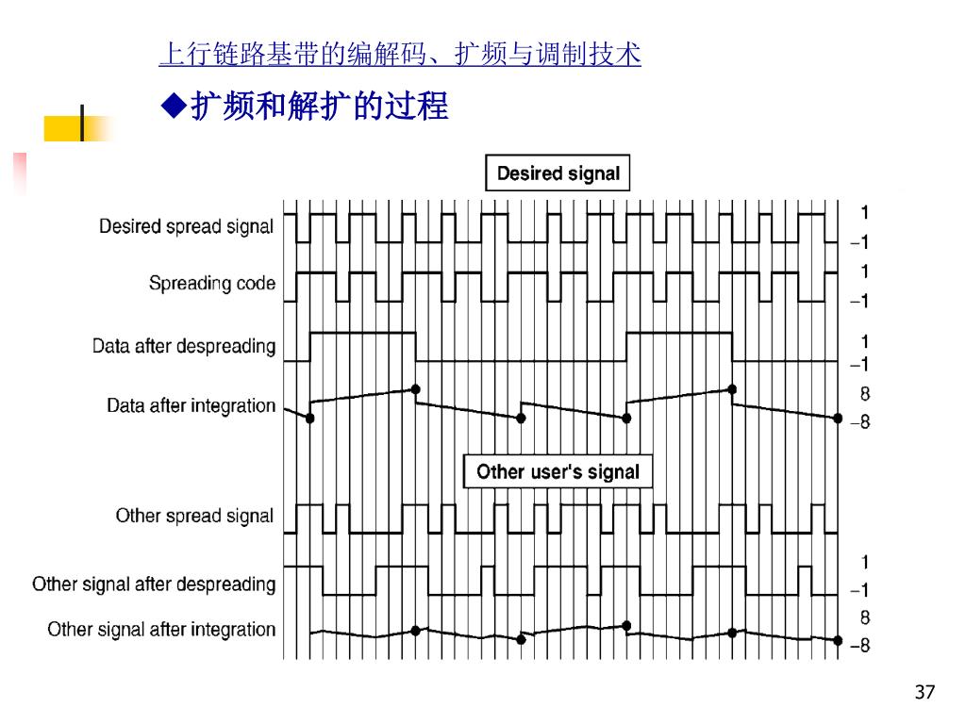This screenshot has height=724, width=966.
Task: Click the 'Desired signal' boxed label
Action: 558,173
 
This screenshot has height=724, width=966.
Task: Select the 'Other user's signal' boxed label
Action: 558,471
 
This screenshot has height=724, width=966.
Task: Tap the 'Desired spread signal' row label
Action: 186,227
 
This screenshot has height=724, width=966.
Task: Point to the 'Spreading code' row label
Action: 211,284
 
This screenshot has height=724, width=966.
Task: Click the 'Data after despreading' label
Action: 183,346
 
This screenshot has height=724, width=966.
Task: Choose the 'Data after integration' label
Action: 191,406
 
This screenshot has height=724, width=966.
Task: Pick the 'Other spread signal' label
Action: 194,516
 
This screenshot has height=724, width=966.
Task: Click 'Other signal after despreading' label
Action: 154,584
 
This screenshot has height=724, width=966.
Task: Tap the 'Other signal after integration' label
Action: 161,630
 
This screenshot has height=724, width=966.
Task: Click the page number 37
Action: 924,694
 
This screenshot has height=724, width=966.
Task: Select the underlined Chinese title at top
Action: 400,55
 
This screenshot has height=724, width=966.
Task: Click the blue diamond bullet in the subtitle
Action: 174,107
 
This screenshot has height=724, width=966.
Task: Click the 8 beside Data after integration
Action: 864,394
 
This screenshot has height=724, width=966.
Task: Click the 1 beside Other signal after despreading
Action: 864,563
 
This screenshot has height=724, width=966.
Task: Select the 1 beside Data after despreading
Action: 864,341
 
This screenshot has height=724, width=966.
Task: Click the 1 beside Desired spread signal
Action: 864,212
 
